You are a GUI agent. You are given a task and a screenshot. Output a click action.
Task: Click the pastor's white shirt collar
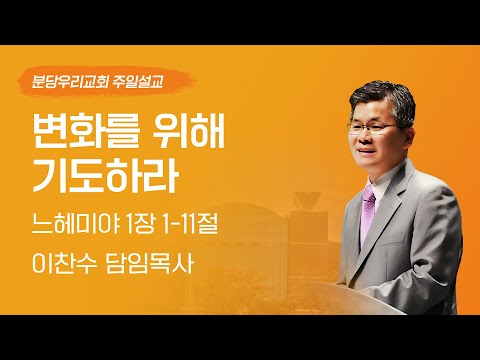click(x=375, y=186)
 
